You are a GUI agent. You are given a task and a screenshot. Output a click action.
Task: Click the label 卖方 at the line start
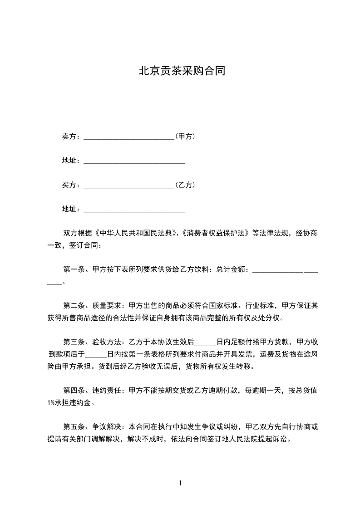coord(69,136)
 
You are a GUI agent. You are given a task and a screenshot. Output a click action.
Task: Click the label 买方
coord(69,185)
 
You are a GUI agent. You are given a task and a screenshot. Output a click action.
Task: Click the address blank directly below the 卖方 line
coord(134,162)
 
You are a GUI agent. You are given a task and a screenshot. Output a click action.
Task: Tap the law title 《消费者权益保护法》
coord(215,234)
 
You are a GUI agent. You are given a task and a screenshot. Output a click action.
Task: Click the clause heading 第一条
coord(73,269)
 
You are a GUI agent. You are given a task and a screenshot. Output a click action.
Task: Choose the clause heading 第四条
coord(73,390)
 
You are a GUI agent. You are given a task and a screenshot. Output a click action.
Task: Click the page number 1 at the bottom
coord(180,484)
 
